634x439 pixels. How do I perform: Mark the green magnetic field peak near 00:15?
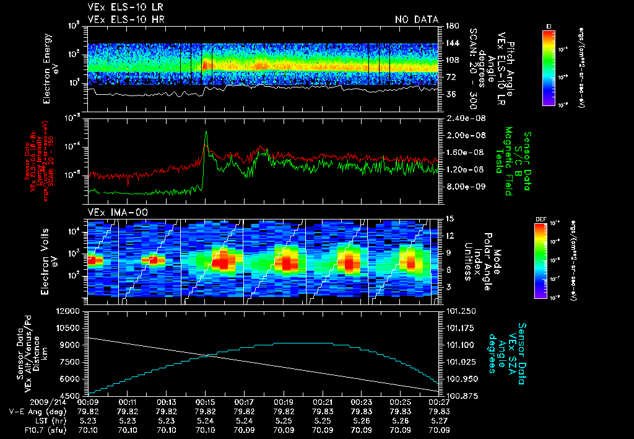coord(206,132)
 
